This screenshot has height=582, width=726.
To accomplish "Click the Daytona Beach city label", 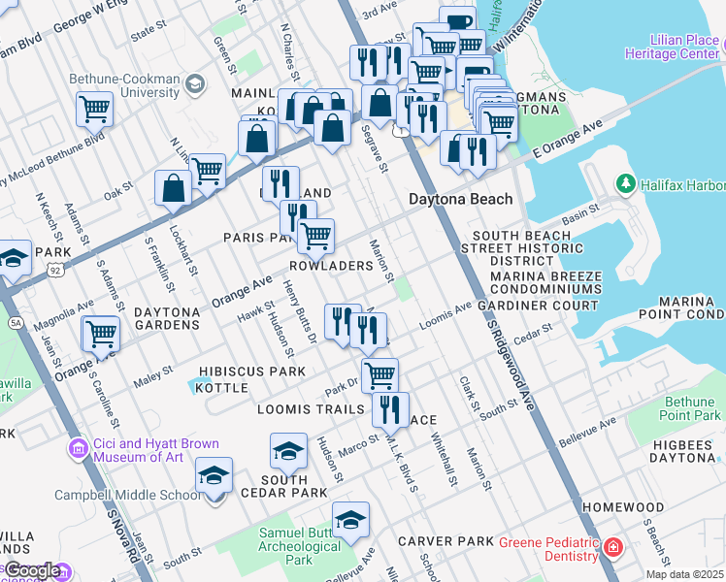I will [x=459, y=199].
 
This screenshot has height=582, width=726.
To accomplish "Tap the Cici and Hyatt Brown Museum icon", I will [x=78, y=448].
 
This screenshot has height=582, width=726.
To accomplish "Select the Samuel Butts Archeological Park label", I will [x=300, y=545].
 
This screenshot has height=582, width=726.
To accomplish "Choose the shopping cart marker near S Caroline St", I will [x=101, y=335].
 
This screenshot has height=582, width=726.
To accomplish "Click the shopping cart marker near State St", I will [x=95, y=109].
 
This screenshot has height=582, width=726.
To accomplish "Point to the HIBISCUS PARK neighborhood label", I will [x=238, y=372].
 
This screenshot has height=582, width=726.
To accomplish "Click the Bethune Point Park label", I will [x=690, y=408].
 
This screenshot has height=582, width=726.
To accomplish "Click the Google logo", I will [x=32, y=571].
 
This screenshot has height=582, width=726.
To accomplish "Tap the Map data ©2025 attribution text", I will [x=684, y=574].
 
